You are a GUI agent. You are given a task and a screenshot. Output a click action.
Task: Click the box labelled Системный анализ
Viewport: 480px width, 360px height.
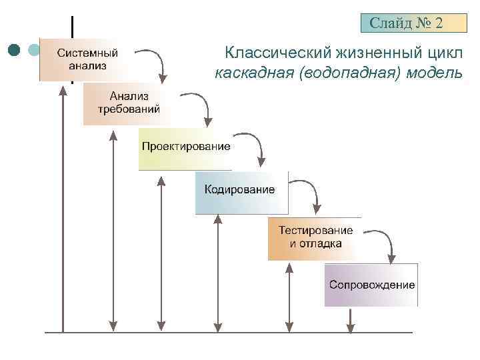pyautogui.click(x=87, y=59)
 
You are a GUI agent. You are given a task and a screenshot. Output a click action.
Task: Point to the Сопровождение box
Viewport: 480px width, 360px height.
pyautogui.click(x=371, y=285)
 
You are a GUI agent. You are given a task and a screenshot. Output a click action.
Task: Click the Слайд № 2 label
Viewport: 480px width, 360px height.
pyautogui.click(x=406, y=24)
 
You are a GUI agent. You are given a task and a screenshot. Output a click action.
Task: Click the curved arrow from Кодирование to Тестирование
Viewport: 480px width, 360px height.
pyautogui.click(x=309, y=191)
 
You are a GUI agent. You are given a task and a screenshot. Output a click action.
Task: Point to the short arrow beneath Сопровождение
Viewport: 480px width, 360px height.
pyautogui.click(x=350, y=319)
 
